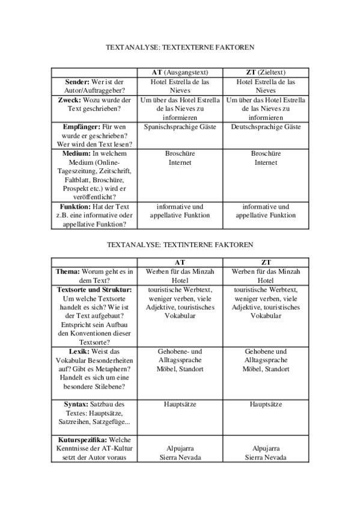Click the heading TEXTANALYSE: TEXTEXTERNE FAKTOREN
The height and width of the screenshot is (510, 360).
(180, 46)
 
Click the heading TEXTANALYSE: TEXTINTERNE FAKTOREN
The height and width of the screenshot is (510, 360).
(180, 245)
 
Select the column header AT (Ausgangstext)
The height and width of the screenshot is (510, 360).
(180, 72)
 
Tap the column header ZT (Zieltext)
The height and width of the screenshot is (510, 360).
(266, 72)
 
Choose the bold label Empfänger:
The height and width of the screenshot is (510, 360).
(81, 127)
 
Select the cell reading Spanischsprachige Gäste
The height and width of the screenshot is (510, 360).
(180, 127)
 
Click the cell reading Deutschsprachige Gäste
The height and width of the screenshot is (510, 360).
(266, 127)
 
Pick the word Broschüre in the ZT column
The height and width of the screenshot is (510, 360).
(266, 154)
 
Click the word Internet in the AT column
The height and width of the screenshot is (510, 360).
(180, 162)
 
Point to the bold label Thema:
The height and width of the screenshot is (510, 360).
(68, 272)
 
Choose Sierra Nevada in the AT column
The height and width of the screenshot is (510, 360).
(180, 458)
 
